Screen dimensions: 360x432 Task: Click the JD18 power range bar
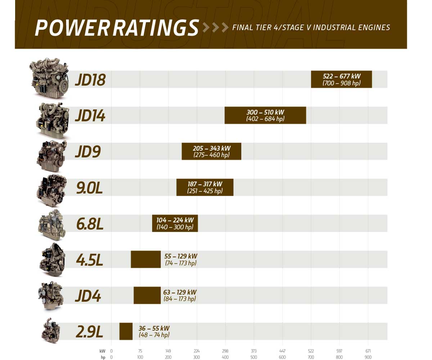tap(341, 79)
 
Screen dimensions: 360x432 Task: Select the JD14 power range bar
tap(265, 115)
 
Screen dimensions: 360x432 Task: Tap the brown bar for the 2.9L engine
tap(126, 331)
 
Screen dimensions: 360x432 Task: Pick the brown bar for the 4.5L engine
tap(145, 259)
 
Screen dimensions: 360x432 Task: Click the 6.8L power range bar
tap(175, 223)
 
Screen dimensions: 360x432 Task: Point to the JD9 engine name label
tap(87, 152)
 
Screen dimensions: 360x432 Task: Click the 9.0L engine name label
tap(90, 188)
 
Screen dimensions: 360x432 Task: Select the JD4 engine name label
tap(87, 296)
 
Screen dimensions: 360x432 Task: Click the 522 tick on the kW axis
tap(311, 351)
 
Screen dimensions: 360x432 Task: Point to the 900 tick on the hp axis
tap(368, 357)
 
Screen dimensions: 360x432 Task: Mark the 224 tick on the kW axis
tap(197, 351)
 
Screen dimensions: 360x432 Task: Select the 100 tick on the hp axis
tap(140, 357)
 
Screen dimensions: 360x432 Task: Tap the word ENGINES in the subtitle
tap(373, 28)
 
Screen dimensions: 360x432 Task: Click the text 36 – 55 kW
tap(154, 328)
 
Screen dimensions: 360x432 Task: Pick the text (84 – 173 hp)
tap(180, 299)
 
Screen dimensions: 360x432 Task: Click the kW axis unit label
tap(103, 351)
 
